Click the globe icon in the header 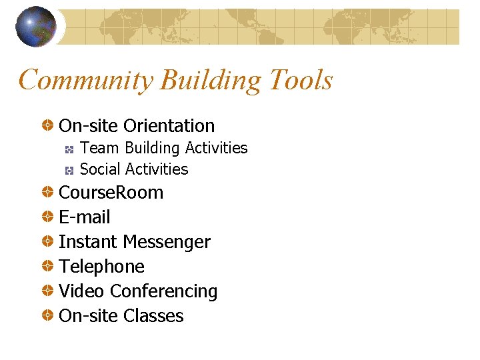click(x=35, y=27)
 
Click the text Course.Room click(x=111, y=193)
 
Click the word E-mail click(x=85, y=217)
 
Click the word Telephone click(x=101, y=267)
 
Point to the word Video click(x=81, y=291)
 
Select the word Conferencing click(x=164, y=291)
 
